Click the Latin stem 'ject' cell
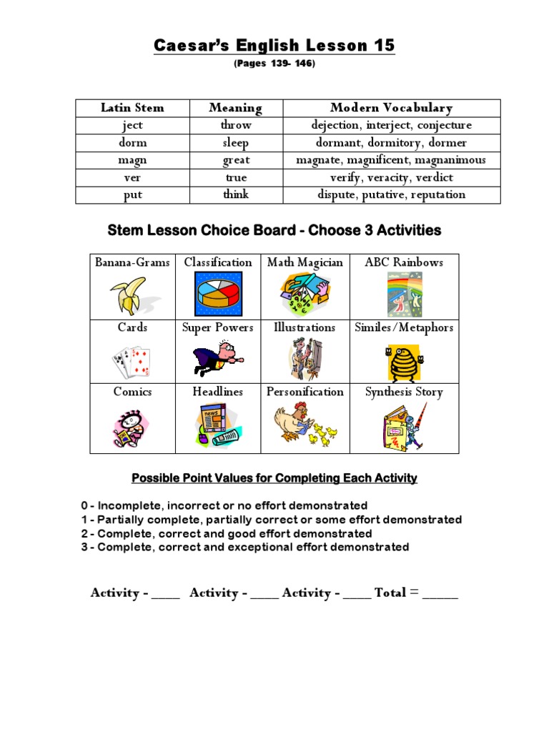click(132, 125)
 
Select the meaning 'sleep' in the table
click(235, 142)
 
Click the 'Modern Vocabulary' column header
click(391, 108)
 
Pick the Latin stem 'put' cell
click(132, 194)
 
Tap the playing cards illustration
click(132, 361)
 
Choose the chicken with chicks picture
click(304, 426)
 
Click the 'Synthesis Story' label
click(404, 392)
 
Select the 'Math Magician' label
click(305, 262)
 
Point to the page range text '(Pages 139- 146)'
click(274, 64)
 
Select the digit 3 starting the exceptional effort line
click(84, 548)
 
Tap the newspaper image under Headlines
click(217, 426)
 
